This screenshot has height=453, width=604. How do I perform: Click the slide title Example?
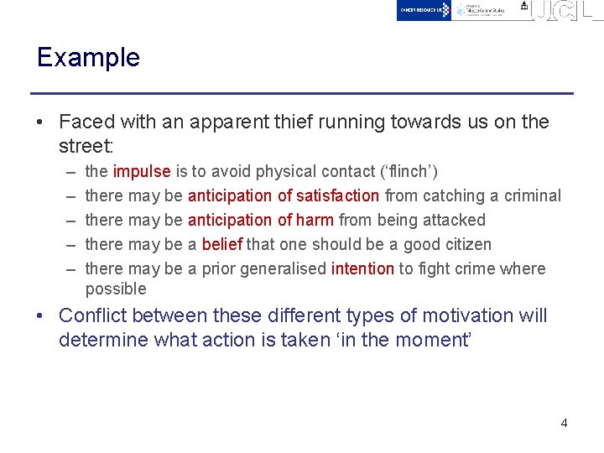pos(88,58)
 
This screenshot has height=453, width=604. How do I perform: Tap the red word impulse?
pos(142,171)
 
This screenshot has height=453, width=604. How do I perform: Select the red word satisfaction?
pos(337,195)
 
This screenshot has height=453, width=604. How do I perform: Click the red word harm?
pos(315,220)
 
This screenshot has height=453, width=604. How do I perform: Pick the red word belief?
pos(221,244)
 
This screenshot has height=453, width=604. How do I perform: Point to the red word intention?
pos(362,268)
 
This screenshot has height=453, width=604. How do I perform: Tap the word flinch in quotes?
pos(405,171)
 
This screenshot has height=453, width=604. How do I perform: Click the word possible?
pos(116,289)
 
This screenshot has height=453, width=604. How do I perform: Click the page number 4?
pos(564,423)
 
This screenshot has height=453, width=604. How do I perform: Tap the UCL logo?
pos(567,10)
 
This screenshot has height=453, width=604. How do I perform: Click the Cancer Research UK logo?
pos(424,10)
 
